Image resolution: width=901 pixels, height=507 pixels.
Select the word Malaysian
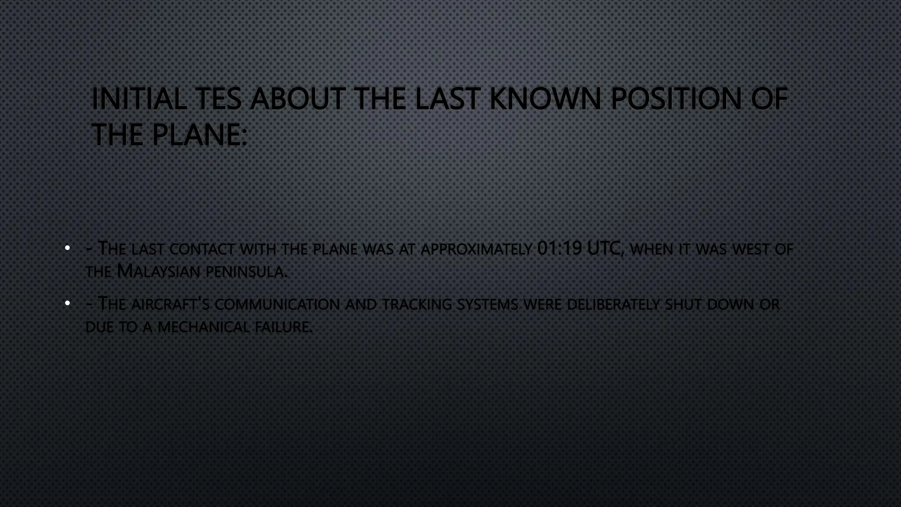click(x=158, y=271)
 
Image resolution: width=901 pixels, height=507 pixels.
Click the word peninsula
click(x=246, y=272)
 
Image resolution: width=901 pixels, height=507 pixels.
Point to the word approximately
click(x=476, y=250)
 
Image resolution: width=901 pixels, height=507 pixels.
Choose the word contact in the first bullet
click(x=202, y=250)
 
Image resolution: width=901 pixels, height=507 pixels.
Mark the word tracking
click(x=417, y=304)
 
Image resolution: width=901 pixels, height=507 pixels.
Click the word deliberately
click(x=613, y=304)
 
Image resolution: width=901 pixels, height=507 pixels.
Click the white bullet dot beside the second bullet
click(x=67, y=303)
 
